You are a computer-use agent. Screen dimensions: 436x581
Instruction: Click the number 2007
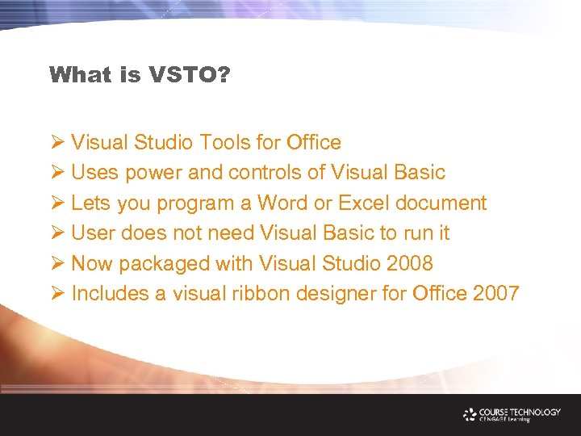(x=495, y=293)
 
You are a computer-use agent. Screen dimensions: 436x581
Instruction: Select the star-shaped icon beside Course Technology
(x=470, y=414)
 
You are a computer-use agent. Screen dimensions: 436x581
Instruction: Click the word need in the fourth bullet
(x=229, y=233)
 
